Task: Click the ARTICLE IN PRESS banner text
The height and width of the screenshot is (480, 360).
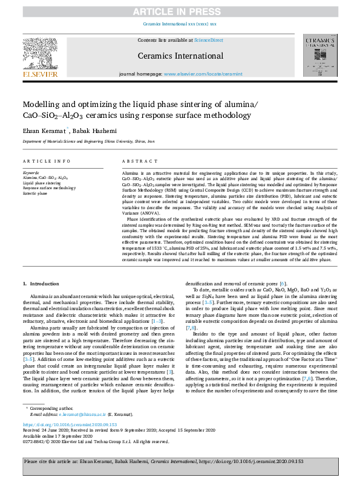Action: pos(180,11)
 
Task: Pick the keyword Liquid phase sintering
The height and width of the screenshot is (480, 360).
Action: pos(42,183)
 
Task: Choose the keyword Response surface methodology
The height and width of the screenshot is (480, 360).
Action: pos(50,188)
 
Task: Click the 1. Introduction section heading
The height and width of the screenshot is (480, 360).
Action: pos(41,284)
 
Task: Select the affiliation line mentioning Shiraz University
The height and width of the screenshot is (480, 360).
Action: pos(89,141)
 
